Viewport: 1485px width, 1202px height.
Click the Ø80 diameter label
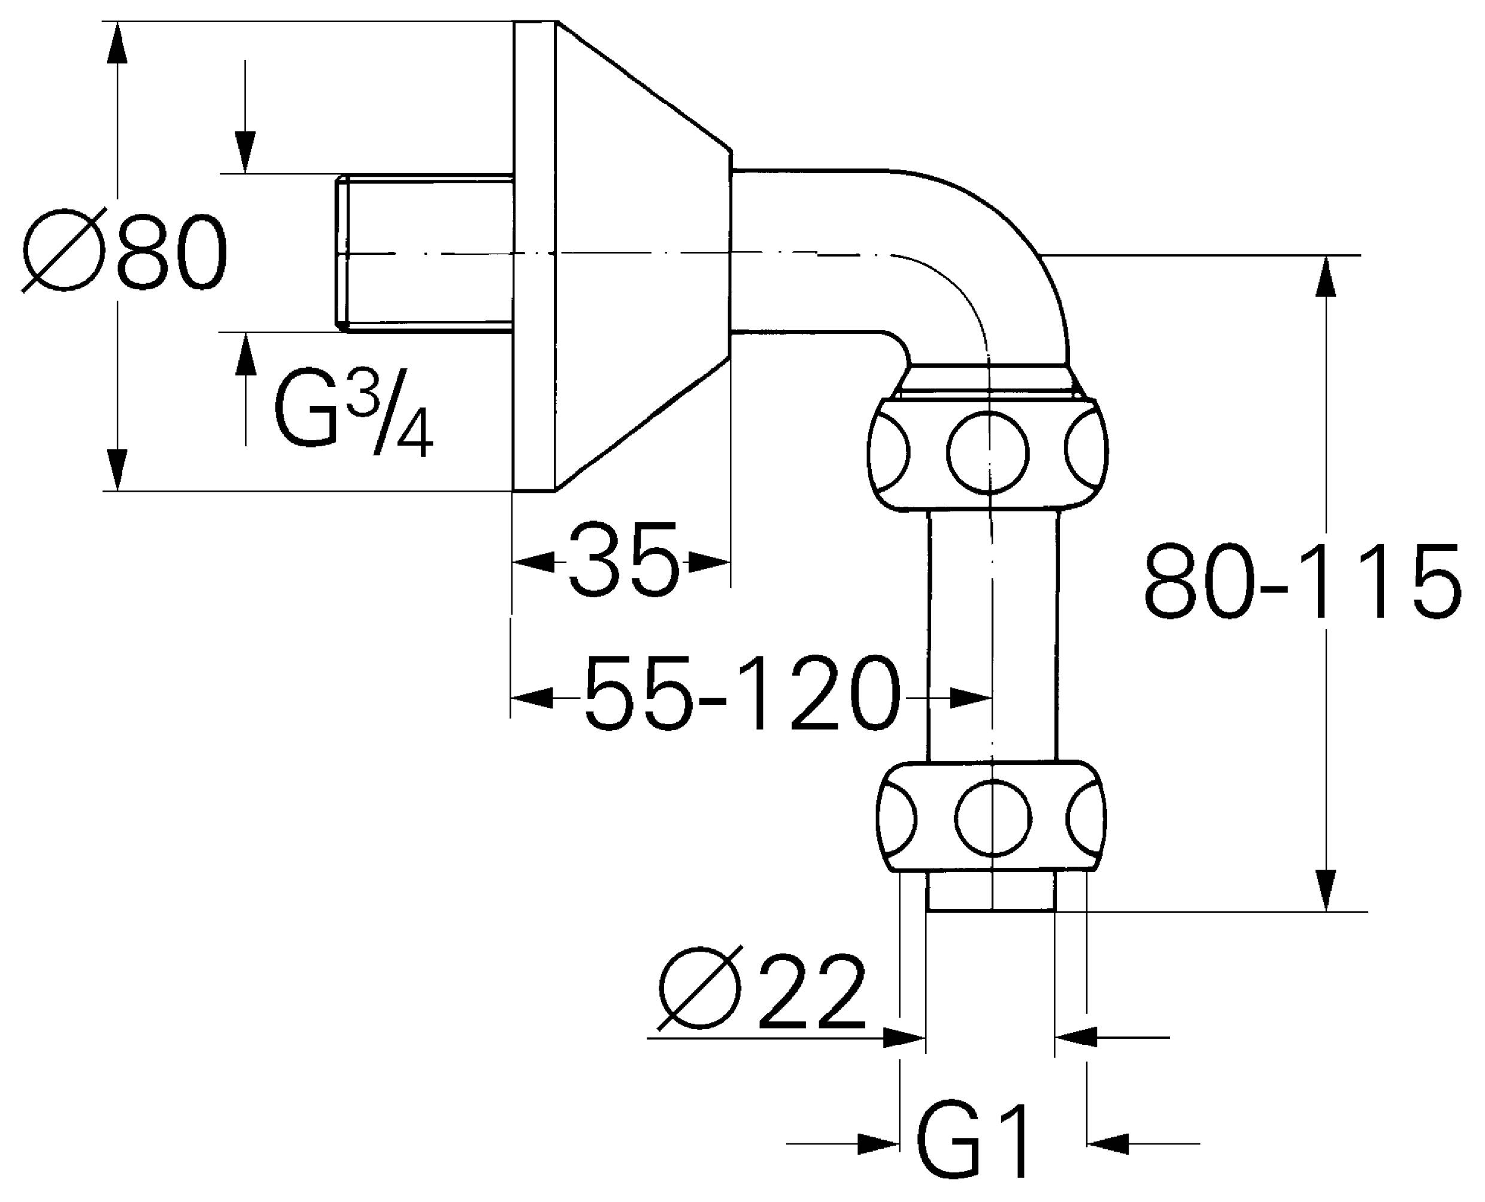125,251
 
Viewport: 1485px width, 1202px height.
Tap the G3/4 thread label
353,416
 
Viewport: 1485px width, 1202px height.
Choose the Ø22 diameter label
762,992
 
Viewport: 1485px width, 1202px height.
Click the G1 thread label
972,1143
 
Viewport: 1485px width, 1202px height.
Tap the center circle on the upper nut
987,453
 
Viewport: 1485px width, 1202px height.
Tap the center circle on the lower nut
993,819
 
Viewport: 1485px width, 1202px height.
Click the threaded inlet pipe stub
426,253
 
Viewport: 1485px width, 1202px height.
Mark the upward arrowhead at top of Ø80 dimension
118,41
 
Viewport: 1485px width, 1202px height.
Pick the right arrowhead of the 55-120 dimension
972,699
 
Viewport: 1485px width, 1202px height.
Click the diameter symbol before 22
699,992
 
